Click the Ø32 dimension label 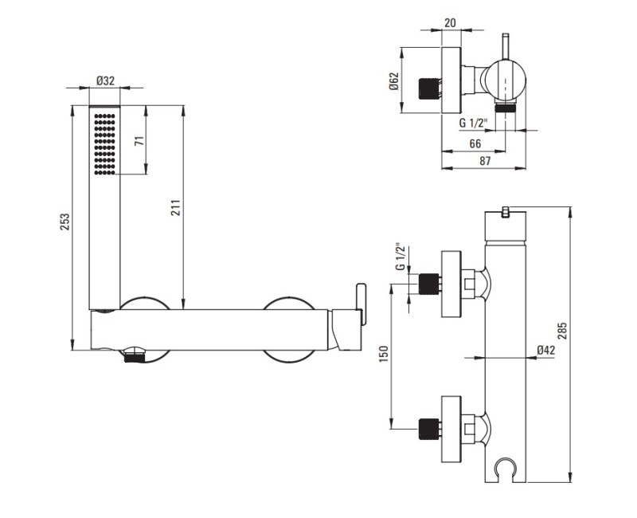click(x=105, y=81)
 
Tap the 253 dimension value click(x=65, y=222)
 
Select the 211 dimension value click(x=175, y=208)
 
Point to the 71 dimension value click(x=139, y=141)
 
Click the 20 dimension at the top click(x=450, y=23)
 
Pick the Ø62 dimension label click(x=393, y=81)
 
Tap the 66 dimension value click(x=475, y=143)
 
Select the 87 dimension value click(x=485, y=161)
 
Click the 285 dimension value click(x=562, y=331)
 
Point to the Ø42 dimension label click(x=545, y=350)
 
